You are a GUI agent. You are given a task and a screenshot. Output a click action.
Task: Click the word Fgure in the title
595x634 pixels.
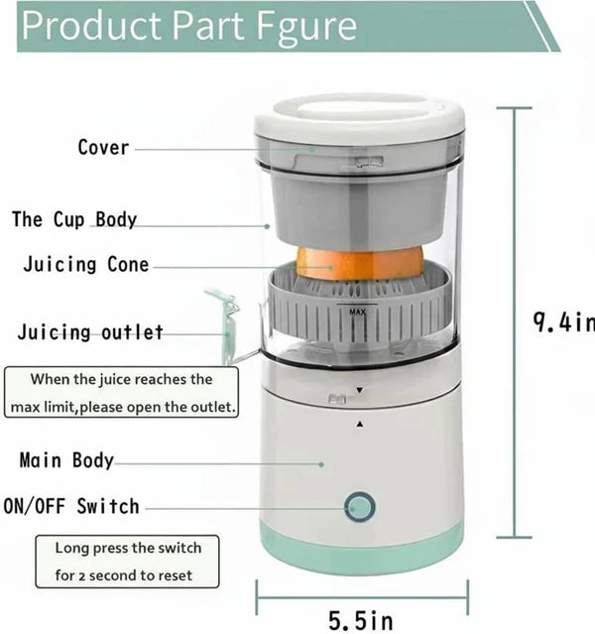pyautogui.click(x=303, y=27)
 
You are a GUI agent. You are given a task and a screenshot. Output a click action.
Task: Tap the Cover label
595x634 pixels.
pyautogui.click(x=103, y=148)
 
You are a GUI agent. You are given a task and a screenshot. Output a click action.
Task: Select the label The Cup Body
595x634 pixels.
pyautogui.click(x=74, y=219)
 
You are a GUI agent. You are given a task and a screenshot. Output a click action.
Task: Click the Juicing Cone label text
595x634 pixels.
pyautogui.click(x=86, y=265)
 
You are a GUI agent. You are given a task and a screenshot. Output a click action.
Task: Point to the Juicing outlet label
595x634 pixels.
pyautogui.click(x=90, y=332)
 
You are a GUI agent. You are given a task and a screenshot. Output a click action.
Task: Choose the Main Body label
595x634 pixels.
pyautogui.click(x=66, y=460)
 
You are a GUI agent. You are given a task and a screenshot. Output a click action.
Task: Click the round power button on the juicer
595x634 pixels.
pyautogui.click(x=360, y=508)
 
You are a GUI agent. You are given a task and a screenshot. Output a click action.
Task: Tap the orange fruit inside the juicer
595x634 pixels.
pyautogui.click(x=359, y=263)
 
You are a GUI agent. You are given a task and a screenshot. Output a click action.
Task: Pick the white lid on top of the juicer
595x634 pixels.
pyautogui.click(x=359, y=115)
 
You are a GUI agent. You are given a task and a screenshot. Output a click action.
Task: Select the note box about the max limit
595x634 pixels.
pyautogui.click(x=121, y=393)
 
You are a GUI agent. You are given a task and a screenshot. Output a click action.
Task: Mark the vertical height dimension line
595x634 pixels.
pyautogui.click(x=514, y=322)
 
